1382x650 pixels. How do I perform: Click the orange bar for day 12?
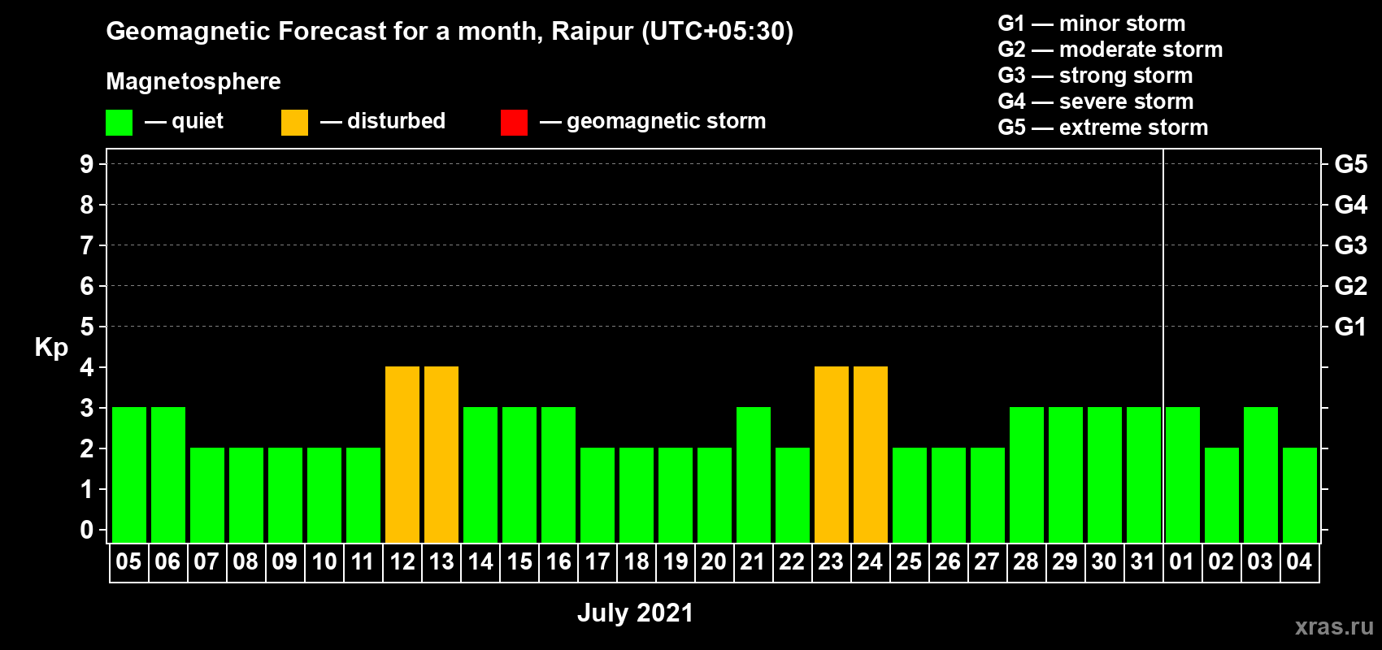(402, 454)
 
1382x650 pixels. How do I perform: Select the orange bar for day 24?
(871, 454)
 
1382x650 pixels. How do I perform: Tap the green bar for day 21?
(754, 474)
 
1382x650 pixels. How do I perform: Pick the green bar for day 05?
(129, 474)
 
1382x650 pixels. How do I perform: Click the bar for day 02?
(1222, 495)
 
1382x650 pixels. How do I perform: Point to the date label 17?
(598, 561)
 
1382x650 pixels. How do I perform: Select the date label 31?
(1143, 561)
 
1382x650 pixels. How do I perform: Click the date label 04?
(1299, 561)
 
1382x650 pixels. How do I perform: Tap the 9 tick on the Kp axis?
(86, 164)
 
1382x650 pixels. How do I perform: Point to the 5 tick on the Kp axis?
(86, 327)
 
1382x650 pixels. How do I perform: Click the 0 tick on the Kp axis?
(86, 531)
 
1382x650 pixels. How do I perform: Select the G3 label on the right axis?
(1351, 245)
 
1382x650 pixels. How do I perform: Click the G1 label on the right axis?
(1351, 327)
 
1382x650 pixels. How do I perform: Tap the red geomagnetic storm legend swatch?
(515, 122)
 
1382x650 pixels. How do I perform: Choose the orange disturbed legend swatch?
(295, 122)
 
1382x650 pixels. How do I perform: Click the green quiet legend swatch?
(119, 122)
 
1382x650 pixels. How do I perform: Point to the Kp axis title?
(51, 348)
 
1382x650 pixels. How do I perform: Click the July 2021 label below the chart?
(636, 613)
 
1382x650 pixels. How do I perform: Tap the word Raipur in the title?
(593, 32)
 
